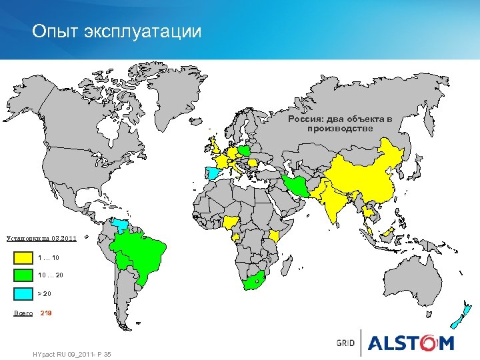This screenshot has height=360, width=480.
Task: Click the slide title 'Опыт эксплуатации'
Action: tap(117, 31)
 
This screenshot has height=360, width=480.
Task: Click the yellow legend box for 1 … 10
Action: tap(23, 257)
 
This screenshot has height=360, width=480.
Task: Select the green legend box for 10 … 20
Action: tap(23, 275)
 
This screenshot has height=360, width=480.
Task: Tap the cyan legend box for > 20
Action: tap(23, 293)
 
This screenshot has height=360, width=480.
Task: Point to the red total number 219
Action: tap(47, 313)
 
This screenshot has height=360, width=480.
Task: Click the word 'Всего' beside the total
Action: tap(23, 313)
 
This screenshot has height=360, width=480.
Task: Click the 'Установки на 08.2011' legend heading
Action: tap(40, 238)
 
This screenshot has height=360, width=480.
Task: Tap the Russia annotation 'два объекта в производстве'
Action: tap(340, 123)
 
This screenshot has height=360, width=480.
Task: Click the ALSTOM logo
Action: tap(409, 343)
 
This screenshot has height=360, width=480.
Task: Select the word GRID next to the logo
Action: tap(345, 343)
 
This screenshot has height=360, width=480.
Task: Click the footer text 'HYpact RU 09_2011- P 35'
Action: tap(71, 353)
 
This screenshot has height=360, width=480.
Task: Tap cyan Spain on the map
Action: tap(213, 174)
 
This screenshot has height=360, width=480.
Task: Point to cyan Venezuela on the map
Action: tap(122, 224)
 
